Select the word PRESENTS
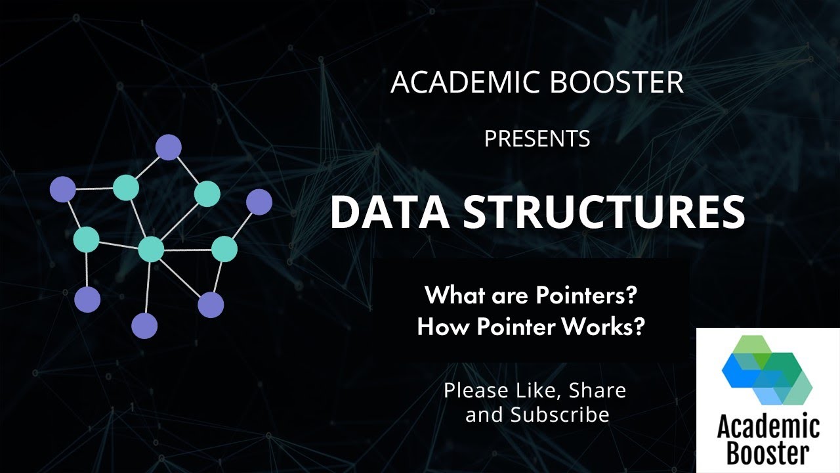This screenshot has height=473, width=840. [x=537, y=139]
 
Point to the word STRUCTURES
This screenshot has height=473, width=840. [x=604, y=212]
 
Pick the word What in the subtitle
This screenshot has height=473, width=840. [x=452, y=296]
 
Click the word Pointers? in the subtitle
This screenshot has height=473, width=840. [x=587, y=296]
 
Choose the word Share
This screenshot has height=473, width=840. [x=597, y=390]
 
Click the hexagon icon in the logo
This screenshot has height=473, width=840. [x=766, y=370]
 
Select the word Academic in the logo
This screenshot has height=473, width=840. [x=768, y=428]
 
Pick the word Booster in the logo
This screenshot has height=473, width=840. [x=768, y=454]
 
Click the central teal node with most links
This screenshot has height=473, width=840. [x=151, y=249]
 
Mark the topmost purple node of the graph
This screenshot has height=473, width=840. [x=168, y=147]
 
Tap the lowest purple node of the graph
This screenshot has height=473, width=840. [x=144, y=326]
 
